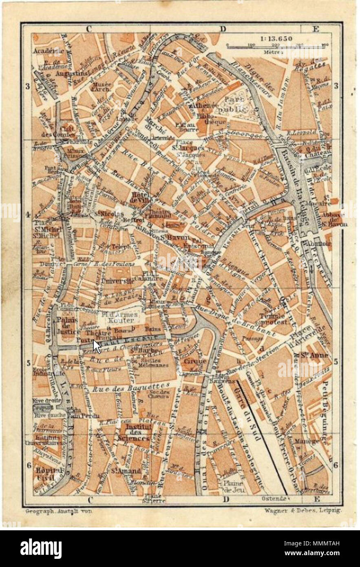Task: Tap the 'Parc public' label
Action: point(231,105)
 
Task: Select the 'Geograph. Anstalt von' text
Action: point(58,510)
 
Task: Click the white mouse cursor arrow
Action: point(97,346)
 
